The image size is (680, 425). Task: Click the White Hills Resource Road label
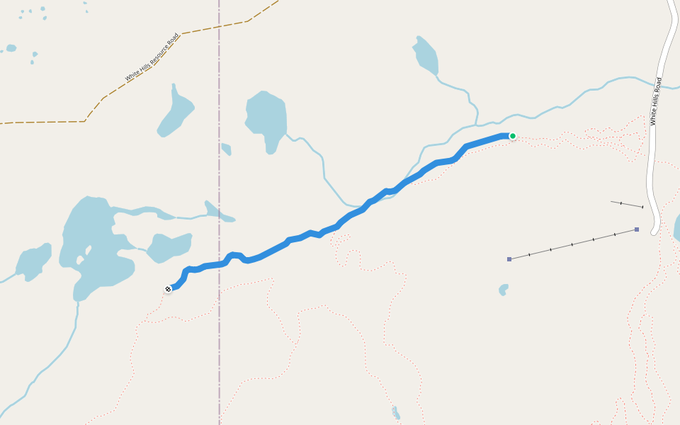(x=152, y=57)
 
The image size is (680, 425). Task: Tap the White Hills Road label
(x=657, y=101)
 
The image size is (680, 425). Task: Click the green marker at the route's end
(x=512, y=136)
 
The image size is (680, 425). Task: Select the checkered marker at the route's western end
(x=168, y=289)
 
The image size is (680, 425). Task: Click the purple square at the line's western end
(x=509, y=259)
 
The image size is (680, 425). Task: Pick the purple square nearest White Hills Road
(x=637, y=229)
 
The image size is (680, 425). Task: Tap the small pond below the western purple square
(x=504, y=289)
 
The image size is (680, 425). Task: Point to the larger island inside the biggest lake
(x=89, y=250)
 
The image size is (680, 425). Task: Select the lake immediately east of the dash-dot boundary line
(x=266, y=117)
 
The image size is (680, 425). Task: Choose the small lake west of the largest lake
(x=33, y=262)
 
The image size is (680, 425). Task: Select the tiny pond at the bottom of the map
(x=396, y=413)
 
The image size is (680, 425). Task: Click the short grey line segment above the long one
(x=627, y=205)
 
